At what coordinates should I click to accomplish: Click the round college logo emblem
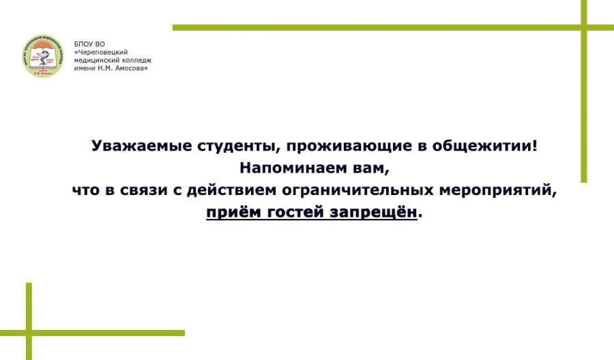(43, 56)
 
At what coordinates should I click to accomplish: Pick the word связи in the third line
(144, 190)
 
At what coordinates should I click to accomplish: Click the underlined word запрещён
(373, 213)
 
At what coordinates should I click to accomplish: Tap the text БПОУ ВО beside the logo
(89, 44)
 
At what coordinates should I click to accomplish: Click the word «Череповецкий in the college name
(101, 52)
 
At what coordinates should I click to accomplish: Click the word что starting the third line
(87, 190)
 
